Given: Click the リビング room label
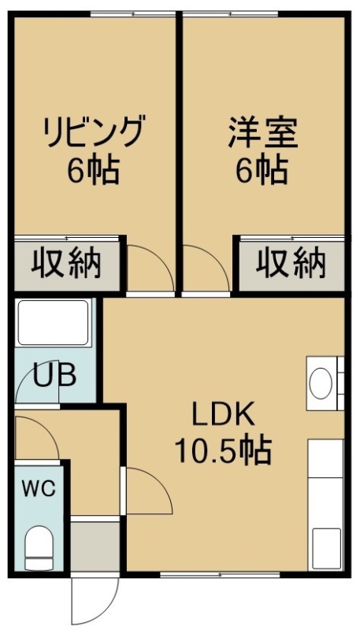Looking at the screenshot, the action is pyautogui.click(x=94, y=131).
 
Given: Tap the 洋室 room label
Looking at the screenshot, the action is pyautogui.click(x=263, y=132).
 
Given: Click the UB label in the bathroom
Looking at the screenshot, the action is pyautogui.click(x=54, y=376).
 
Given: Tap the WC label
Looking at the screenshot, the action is pyautogui.click(x=39, y=489).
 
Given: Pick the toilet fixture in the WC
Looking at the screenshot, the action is pyautogui.click(x=39, y=547).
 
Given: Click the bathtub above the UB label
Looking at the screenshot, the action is pyautogui.click(x=53, y=322).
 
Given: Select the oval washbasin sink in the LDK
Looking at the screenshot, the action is pyautogui.click(x=321, y=384).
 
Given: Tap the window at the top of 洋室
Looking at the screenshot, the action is pyautogui.click(x=231, y=14).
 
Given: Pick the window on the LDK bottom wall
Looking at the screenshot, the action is pyautogui.click(x=221, y=575).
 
